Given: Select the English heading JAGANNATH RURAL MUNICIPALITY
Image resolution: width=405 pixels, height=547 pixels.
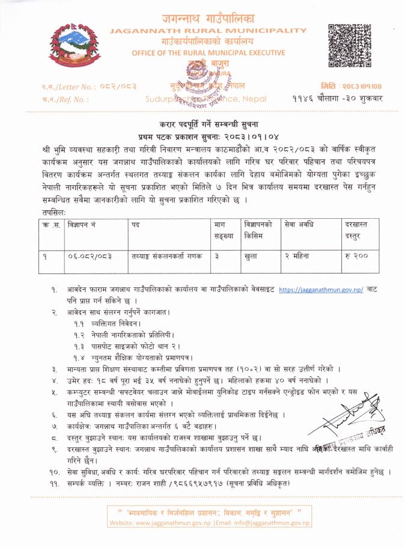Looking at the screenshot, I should pos(209,30).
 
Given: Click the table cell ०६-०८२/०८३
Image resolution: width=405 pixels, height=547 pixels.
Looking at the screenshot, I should pos(89,255).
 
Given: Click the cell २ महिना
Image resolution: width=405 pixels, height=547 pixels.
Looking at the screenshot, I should pos(300,255).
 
